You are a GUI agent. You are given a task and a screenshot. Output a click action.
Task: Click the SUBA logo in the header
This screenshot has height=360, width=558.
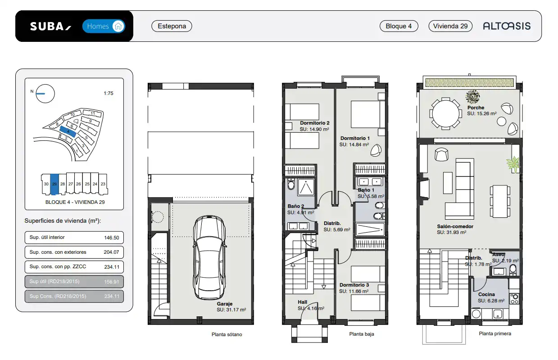50,26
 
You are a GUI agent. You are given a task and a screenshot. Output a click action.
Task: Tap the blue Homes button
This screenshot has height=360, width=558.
104,26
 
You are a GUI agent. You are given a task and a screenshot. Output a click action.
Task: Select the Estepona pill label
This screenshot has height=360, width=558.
172,26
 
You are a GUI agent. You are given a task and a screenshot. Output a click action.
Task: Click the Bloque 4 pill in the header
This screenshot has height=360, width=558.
399,26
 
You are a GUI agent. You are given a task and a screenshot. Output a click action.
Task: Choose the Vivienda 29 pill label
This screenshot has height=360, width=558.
450,26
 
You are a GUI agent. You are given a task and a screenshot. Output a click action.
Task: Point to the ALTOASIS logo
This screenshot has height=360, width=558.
507,26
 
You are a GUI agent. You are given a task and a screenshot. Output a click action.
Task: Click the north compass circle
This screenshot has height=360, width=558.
45,94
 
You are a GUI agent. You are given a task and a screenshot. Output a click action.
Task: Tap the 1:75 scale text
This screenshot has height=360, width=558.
109,93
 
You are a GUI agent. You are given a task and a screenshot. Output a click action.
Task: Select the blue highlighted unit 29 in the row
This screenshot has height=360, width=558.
54,184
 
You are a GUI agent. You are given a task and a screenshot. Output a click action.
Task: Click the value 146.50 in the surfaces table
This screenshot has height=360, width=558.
112,238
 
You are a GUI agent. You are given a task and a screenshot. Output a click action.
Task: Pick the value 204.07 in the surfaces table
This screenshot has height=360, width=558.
111,252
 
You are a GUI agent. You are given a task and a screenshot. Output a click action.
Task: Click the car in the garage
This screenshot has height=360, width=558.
209,258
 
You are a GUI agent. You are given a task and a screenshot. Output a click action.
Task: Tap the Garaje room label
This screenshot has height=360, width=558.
224,304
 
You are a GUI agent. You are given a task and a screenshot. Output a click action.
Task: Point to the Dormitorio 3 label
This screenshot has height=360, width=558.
354,285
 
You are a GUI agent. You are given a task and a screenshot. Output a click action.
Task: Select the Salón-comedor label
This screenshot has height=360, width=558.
455,226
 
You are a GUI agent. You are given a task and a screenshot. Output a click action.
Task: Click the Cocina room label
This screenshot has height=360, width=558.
486,294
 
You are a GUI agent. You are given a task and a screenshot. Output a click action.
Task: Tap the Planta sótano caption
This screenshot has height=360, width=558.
227,334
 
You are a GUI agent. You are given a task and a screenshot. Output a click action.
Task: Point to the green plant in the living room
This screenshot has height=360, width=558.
513,164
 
